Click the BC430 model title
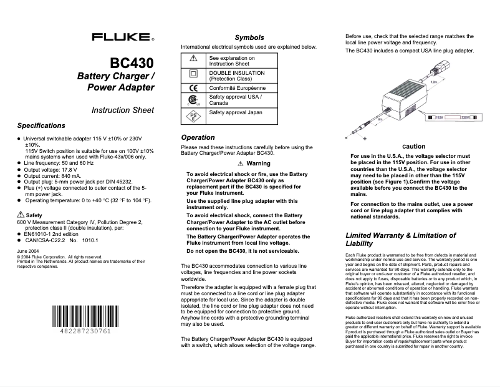132,64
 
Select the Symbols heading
249,37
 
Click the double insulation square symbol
193,73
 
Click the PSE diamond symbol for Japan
193,115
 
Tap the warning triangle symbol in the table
193,58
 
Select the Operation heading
198,137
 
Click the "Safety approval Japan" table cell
234,112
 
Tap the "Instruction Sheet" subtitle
123,110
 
